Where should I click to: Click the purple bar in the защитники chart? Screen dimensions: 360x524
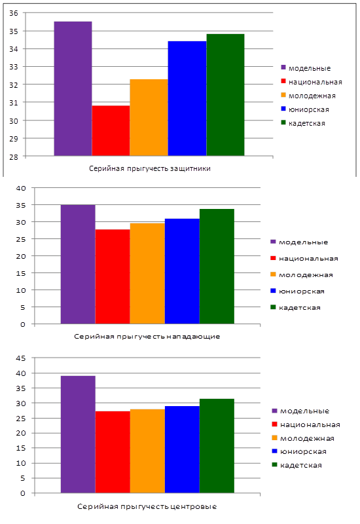point(73,88)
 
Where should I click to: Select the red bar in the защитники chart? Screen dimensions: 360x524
point(111,130)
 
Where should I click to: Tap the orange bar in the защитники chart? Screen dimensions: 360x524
point(149,118)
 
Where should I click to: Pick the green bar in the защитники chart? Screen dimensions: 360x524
point(225,95)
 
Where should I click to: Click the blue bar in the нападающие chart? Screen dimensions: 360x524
point(182,271)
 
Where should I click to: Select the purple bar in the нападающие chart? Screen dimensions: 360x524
point(78,265)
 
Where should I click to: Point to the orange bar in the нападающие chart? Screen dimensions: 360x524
point(147,273)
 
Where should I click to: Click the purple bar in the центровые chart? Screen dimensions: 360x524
point(78,434)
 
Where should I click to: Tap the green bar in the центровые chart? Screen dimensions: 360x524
point(217,446)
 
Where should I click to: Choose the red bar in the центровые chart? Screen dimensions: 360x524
point(113,452)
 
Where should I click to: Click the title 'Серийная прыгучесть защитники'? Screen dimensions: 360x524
point(150,168)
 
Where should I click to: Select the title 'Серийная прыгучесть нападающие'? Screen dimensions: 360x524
point(147,337)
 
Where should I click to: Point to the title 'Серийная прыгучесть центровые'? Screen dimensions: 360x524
point(147,506)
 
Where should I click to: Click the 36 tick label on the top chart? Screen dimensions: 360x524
point(14,13)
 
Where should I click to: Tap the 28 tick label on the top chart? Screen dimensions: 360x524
point(14,157)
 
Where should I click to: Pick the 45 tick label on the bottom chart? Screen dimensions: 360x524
point(21,358)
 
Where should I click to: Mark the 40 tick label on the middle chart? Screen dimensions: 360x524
point(21,188)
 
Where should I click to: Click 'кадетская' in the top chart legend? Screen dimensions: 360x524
point(306,123)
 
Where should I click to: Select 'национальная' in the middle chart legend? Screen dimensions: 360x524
point(308,259)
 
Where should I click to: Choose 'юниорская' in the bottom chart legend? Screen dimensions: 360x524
point(303,452)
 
